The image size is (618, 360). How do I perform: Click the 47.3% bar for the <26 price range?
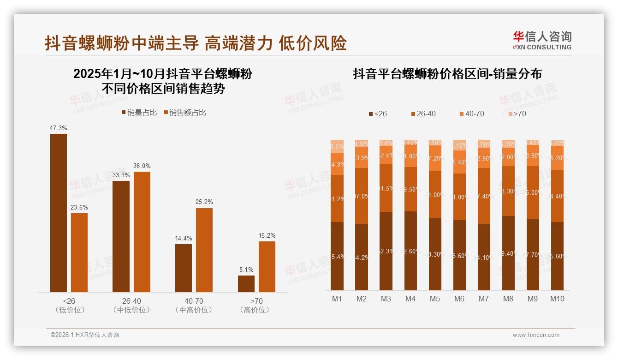(x=58, y=213)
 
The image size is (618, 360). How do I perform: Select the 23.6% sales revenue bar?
(x=79, y=252)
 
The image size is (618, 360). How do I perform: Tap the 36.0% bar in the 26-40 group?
(x=142, y=232)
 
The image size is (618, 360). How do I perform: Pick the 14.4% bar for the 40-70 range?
(x=184, y=268)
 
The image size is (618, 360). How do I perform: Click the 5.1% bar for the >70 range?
(x=246, y=283)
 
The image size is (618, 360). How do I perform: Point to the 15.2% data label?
(x=267, y=236)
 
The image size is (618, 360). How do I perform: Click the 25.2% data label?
(x=204, y=202)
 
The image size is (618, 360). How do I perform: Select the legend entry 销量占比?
(x=139, y=113)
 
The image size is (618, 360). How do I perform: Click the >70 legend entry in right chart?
(x=517, y=114)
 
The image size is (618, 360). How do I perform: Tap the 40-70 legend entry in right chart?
(x=471, y=114)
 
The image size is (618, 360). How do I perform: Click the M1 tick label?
(x=337, y=299)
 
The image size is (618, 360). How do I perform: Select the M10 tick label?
(x=557, y=299)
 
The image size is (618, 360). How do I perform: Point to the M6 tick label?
(x=459, y=299)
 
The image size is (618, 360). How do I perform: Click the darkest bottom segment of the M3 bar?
(x=386, y=251)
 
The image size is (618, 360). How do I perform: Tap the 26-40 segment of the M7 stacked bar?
(x=484, y=196)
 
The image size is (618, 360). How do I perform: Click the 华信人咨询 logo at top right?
(x=542, y=40)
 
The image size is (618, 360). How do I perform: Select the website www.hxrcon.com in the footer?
(x=536, y=335)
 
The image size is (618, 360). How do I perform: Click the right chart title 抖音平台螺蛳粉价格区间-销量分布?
(x=447, y=74)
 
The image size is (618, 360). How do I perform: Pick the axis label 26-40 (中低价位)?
(x=131, y=306)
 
